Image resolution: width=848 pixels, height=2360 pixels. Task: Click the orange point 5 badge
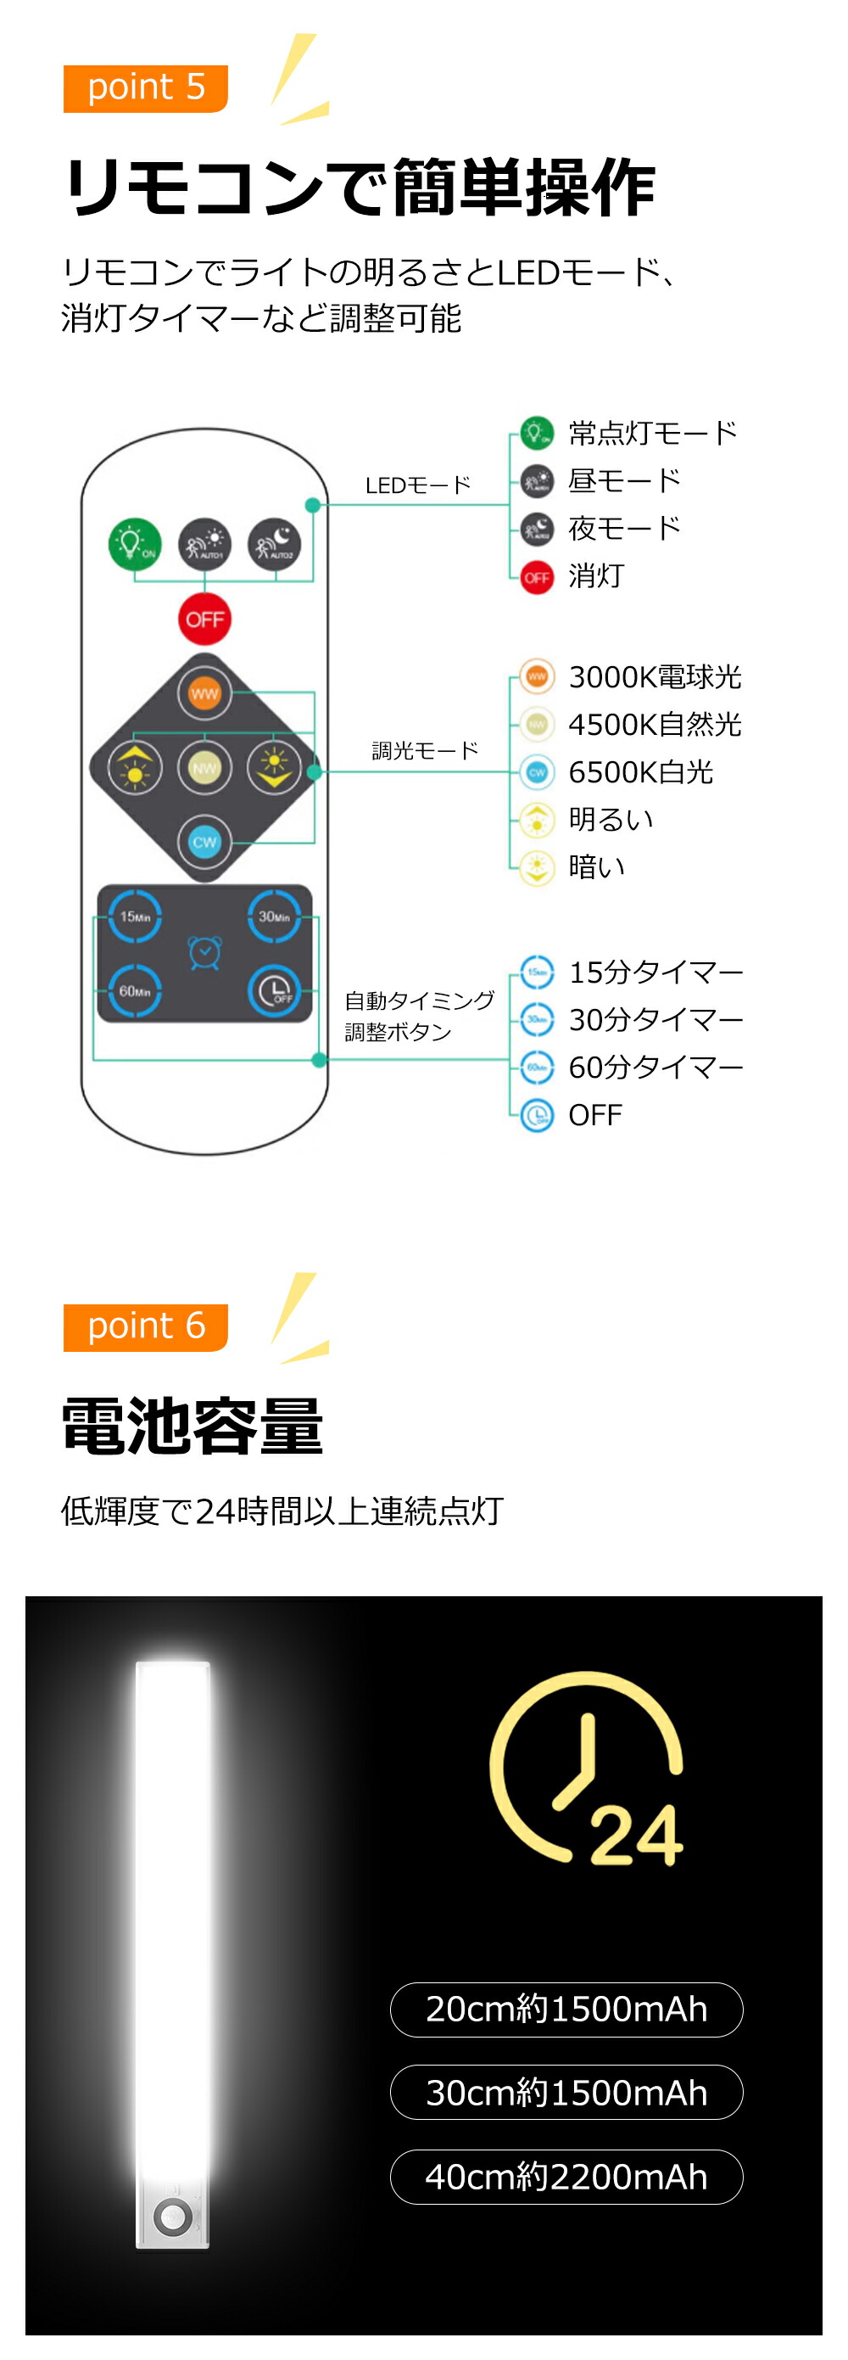[145, 88]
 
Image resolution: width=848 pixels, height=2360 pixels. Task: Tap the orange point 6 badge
[145, 1326]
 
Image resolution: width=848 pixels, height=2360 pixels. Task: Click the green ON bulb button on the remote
[135, 544]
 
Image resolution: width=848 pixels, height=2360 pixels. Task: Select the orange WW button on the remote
[204, 693]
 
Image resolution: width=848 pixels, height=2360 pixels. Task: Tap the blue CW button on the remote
[204, 842]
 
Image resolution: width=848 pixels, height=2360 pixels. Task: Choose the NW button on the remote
[204, 768]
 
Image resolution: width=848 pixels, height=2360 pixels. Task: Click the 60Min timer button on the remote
[135, 991]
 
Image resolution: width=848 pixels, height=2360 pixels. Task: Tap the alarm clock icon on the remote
[204, 953]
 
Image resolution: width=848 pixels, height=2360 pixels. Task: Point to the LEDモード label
[417, 485]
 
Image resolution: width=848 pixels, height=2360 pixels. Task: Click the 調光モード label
[425, 751]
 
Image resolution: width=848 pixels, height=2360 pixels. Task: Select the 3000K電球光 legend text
[654, 677]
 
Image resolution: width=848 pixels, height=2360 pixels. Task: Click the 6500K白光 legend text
[640, 772]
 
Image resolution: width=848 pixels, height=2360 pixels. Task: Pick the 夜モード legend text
[625, 529]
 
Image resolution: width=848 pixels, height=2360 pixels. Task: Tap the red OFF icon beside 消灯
[537, 578]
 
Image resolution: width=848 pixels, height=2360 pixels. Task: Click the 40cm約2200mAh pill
[566, 2177]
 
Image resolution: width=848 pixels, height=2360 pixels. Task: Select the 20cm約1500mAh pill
[566, 2010]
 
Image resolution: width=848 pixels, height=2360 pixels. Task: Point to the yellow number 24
[637, 1836]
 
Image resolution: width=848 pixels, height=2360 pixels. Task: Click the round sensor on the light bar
[172, 2217]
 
